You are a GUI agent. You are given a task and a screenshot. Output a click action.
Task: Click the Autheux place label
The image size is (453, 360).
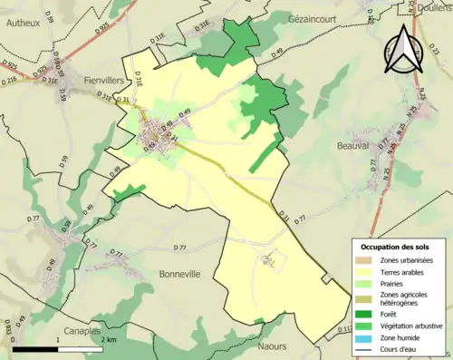22,24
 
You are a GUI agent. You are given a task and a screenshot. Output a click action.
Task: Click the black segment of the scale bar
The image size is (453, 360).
36,349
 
